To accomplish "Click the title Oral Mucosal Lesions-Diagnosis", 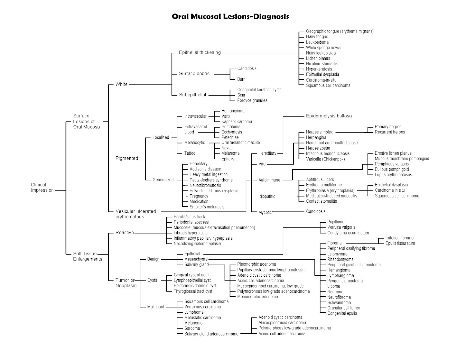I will coord(230,16).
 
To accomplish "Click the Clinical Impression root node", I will coord(42,187).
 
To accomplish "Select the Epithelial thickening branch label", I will coord(200,52).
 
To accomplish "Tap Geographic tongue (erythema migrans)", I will coord(340,31).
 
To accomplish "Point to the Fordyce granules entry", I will coord(252,100).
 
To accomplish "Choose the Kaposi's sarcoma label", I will coord(236,121).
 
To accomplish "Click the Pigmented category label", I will coord(127,158).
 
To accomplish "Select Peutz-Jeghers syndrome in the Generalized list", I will coord(211,180).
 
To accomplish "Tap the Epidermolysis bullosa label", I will coord(329,116).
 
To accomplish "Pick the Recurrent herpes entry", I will coord(390,132).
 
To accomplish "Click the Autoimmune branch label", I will coord(269,180).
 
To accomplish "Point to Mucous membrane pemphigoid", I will coord(402,158).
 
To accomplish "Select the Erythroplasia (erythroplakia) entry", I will coord(330,190).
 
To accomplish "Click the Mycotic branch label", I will coord(265,212).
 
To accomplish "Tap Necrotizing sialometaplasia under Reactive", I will coord(197,243).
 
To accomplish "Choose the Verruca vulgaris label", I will coord(341,227).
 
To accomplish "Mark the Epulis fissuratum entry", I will coord(400,243).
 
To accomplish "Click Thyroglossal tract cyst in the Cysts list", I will coord(193,291).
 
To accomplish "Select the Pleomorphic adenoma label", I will coord(256,264).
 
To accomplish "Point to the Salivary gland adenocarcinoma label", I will coord(211,334).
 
